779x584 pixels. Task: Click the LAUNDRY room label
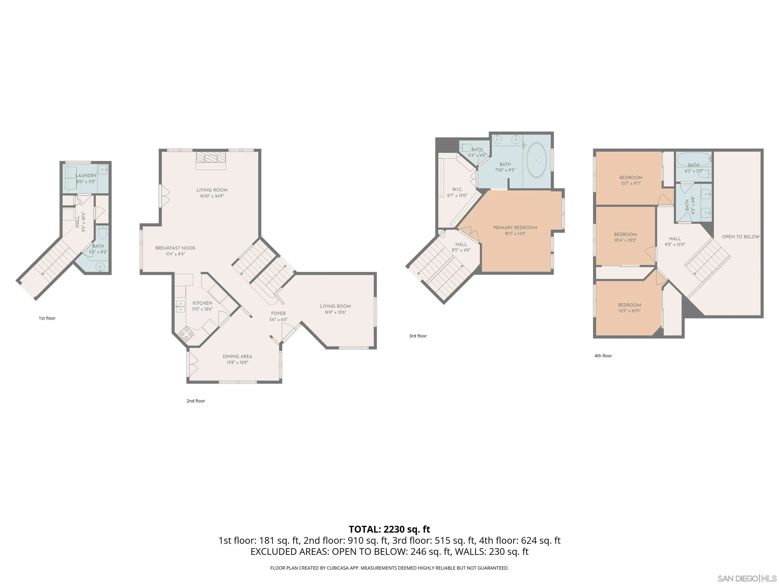86,176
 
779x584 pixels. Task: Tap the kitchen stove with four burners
186,333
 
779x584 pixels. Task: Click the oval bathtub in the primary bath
537,160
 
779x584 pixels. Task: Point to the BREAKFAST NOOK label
175,248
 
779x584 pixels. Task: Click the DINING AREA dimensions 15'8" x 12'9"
237,362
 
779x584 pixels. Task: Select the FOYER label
278,313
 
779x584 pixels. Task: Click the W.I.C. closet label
457,189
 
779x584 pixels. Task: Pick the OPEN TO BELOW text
741,236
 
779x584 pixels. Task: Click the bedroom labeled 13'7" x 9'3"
630,180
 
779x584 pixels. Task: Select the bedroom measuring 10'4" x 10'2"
625,237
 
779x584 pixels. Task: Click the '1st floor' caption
47,318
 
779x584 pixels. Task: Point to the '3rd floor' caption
418,336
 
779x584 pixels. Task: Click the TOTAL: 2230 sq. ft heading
389,529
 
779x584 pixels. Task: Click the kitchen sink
180,305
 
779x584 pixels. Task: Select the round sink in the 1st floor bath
101,267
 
